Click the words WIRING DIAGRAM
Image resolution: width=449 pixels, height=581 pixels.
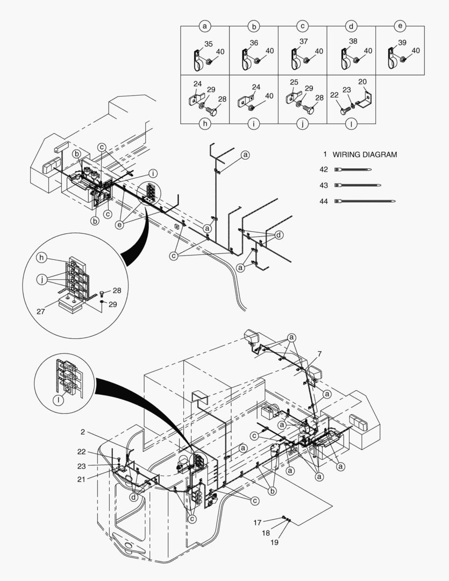click(365, 155)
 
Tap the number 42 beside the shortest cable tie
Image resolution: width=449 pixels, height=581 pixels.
click(323, 169)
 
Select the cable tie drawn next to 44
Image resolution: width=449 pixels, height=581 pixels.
click(365, 201)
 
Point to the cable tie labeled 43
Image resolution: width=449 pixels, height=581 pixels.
click(358, 185)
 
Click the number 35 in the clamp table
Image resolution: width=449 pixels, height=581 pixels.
click(208, 44)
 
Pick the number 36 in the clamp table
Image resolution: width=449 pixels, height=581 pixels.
click(254, 44)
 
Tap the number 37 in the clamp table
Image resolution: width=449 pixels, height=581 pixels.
click(304, 42)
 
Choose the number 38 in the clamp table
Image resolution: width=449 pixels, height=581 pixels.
click(353, 42)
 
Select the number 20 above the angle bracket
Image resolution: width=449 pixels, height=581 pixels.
click(362, 82)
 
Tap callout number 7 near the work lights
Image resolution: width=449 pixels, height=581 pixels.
click(319, 354)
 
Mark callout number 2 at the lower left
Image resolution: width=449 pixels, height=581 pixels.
click(83, 432)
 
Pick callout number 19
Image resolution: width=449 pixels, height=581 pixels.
click(275, 542)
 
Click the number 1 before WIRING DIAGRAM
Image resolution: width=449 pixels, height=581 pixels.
click(325, 155)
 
